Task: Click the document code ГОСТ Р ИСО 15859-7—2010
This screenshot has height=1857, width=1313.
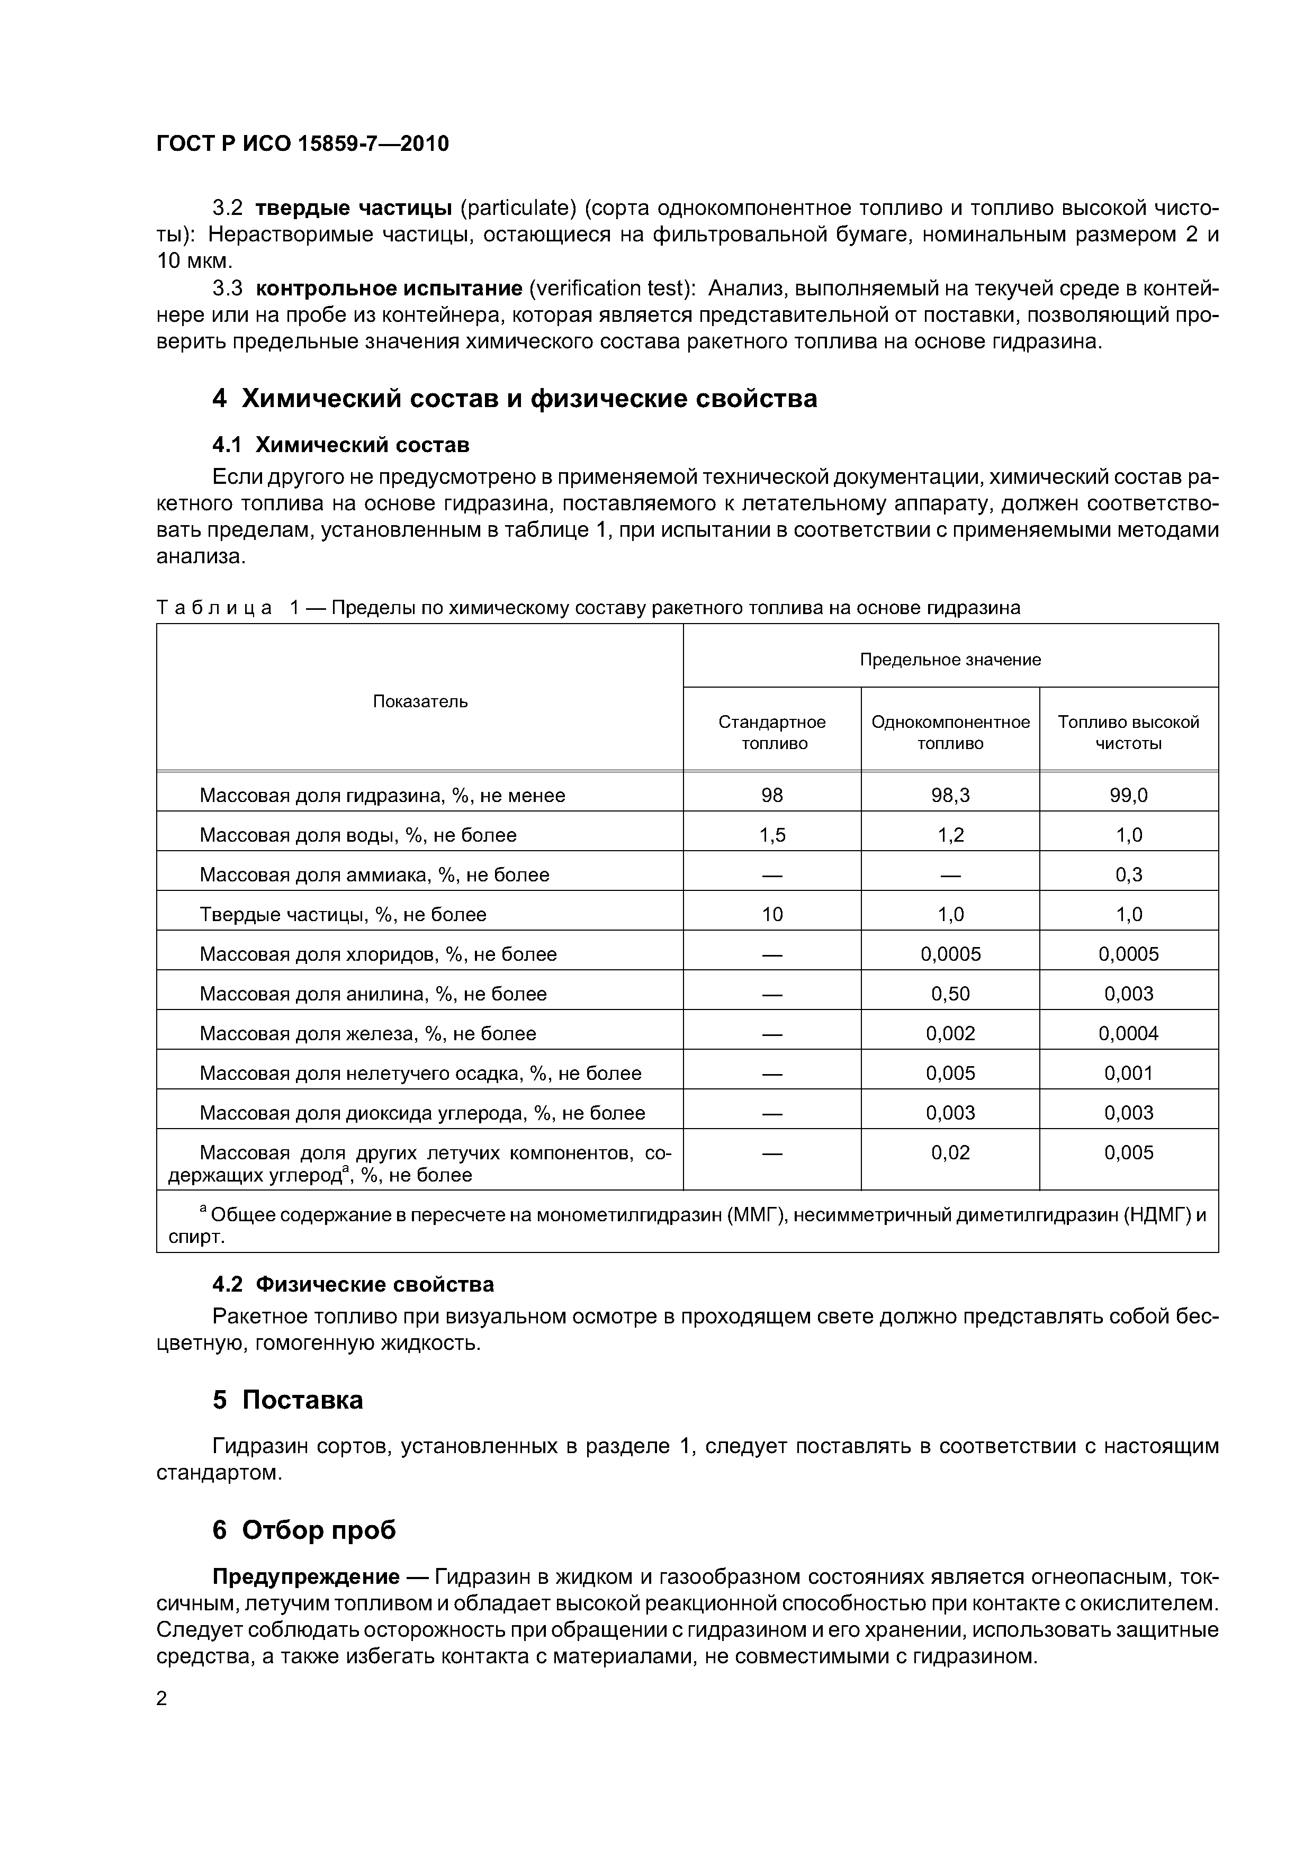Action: (302, 144)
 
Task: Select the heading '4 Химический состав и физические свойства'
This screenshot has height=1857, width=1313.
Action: (515, 398)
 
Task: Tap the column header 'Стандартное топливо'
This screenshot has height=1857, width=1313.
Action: (772, 732)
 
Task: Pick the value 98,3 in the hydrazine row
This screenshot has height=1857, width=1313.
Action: (950, 795)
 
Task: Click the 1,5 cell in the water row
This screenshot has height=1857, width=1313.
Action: (772, 835)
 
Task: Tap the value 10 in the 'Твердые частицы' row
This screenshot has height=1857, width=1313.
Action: (772, 914)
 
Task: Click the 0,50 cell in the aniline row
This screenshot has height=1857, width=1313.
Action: (950, 993)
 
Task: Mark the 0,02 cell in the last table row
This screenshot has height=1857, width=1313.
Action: (950, 1152)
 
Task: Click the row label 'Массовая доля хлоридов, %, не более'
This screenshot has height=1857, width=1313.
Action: (378, 953)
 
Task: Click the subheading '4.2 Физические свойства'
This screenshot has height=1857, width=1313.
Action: (353, 1284)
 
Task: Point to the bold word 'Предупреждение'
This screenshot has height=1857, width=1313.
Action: (306, 1576)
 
